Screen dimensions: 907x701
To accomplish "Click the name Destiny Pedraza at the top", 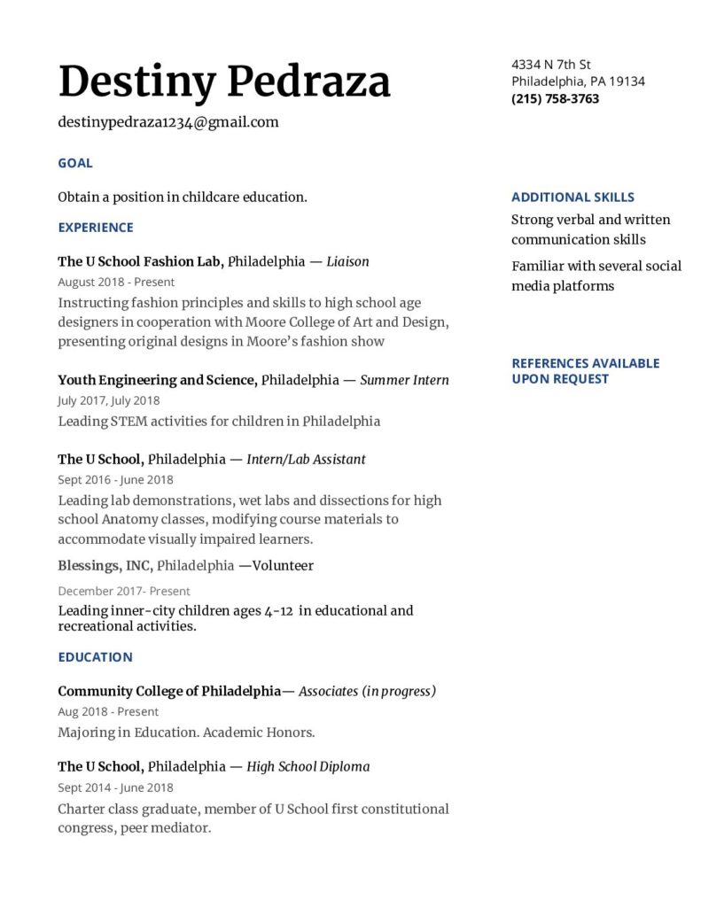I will click(x=224, y=82).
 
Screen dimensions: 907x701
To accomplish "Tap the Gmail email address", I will click(x=168, y=122).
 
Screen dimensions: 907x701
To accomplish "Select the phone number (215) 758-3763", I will click(x=555, y=98).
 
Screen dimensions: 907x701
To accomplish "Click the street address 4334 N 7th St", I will click(x=551, y=64).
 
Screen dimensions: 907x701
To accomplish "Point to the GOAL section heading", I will click(x=75, y=163).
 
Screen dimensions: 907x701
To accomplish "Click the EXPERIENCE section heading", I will click(x=96, y=228).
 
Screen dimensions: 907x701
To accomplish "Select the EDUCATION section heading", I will click(x=95, y=657).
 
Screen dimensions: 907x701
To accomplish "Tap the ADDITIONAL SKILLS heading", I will click(x=572, y=198).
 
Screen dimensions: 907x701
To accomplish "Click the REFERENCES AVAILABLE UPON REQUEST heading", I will click(x=585, y=371).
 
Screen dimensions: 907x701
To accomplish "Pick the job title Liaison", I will click(x=347, y=261).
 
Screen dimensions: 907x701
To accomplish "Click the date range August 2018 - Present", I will click(x=116, y=282).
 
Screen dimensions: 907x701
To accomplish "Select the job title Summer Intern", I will click(x=405, y=380).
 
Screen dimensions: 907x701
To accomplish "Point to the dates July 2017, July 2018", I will click(x=109, y=400).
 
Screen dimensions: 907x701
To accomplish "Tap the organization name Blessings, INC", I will click(x=105, y=565).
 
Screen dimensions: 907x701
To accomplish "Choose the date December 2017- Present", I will click(x=124, y=591).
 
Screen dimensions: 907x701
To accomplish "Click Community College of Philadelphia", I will click(x=169, y=691).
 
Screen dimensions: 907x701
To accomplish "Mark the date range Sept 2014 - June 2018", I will click(x=115, y=787).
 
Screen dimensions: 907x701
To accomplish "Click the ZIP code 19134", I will click(x=627, y=81).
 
